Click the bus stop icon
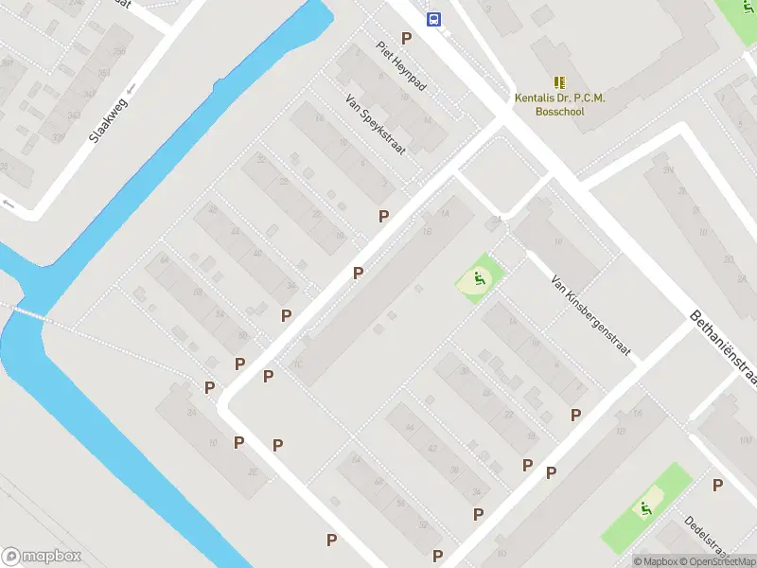coord(433,19)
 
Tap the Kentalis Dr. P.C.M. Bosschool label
coord(559,104)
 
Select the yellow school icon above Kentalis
coord(559,81)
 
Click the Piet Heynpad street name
coord(401,65)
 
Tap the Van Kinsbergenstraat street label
coord(591,317)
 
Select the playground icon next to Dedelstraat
coord(646,508)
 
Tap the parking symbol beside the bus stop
coord(407,38)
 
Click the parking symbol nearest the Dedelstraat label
coord(717,485)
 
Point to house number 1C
coord(298,364)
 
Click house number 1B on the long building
coord(428,230)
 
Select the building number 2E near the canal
coord(252,471)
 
